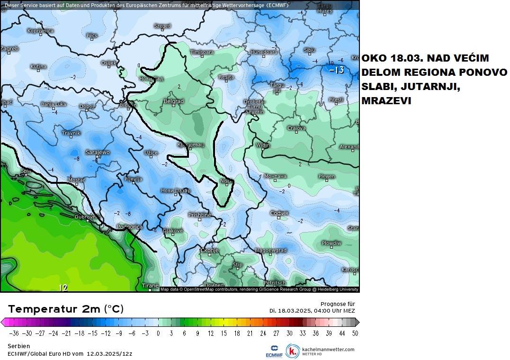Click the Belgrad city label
pyautogui.click(x=173, y=101)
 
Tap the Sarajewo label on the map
pyautogui.click(x=98, y=152)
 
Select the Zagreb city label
pyautogui.click(x=9, y=48)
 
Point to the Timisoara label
pyautogui.click(x=202, y=52)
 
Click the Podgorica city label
pyautogui.click(x=130, y=227)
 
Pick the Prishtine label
pyautogui.click(x=199, y=215)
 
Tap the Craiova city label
pyautogui.click(x=296, y=128)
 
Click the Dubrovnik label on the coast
pyautogui.click(x=85, y=217)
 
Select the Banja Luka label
pyautogui.click(x=54, y=104)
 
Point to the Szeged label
pyautogui.click(x=162, y=26)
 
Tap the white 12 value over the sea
pyautogui.click(x=63, y=288)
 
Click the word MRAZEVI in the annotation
pyautogui.click(x=386, y=101)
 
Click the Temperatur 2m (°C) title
pyautogui.click(x=66, y=309)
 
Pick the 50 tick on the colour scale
pyautogui.click(x=355, y=333)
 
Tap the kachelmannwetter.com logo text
pyautogui.click(x=328, y=349)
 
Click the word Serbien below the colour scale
pyautogui.click(x=19, y=346)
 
